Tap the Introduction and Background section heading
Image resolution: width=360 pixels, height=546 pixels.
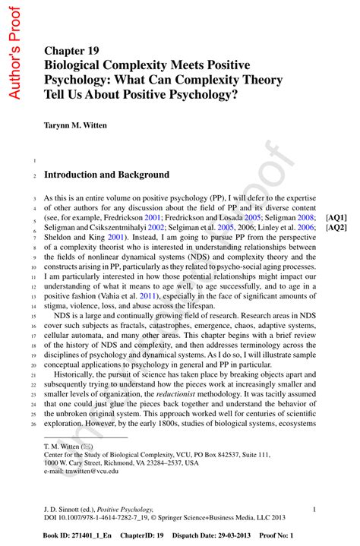(x=106, y=174)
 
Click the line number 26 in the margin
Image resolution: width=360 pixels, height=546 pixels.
(x=34, y=423)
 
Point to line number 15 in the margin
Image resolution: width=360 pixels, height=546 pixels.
(x=34, y=315)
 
